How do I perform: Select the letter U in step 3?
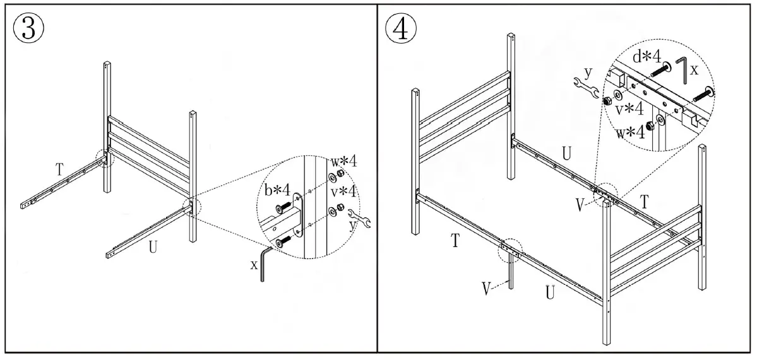(x=153, y=246)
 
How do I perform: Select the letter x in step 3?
(x=254, y=265)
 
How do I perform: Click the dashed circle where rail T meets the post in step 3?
(x=104, y=158)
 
